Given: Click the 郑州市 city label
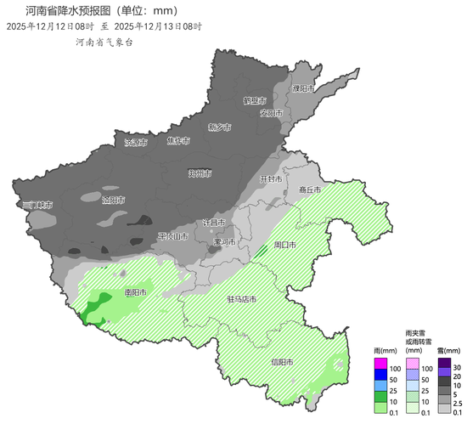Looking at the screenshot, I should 200,172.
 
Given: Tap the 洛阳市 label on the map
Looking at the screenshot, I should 113,201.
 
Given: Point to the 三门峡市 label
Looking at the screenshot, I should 37,205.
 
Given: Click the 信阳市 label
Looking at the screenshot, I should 282,362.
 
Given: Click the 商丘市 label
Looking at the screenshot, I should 311,190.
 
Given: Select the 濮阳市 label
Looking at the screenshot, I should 303,88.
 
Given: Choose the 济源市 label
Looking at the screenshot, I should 136,142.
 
